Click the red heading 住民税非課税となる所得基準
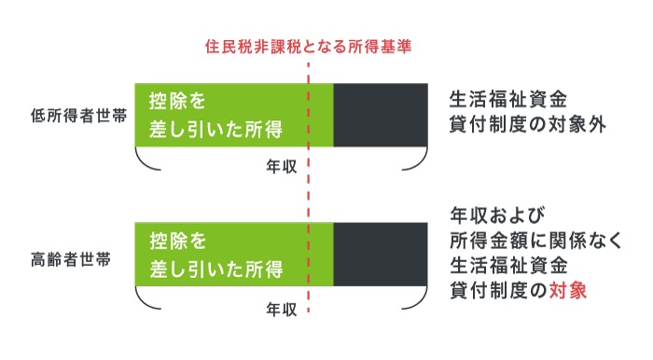(x=308, y=45)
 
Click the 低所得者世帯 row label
(x=77, y=116)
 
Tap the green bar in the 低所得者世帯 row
(x=233, y=116)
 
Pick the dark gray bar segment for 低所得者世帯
(x=381, y=116)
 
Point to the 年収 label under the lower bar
(x=281, y=308)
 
